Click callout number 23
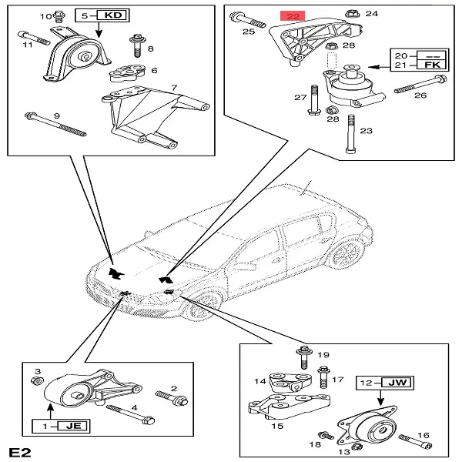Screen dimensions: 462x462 (x=366, y=131)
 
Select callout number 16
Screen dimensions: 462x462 (x=423, y=436)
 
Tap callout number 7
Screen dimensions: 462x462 (x=175, y=89)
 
